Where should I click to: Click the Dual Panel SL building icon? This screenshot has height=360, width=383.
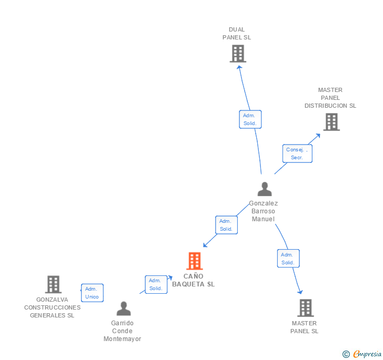click(x=238, y=54)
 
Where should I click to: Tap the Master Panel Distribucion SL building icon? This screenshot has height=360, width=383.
click(x=331, y=122)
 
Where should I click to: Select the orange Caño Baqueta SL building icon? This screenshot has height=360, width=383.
click(x=195, y=261)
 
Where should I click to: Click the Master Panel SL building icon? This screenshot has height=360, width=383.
click(x=305, y=308)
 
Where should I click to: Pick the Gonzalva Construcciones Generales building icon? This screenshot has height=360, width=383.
click(x=53, y=284)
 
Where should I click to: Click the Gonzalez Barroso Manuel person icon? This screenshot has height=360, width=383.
click(x=264, y=189)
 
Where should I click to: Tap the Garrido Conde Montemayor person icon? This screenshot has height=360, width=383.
click(x=124, y=308)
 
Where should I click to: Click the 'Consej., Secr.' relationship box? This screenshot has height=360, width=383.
click(x=297, y=153)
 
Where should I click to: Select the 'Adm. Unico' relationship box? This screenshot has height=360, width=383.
click(x=92, y=293)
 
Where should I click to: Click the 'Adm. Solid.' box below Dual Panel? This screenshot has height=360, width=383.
click(x=250, y=119)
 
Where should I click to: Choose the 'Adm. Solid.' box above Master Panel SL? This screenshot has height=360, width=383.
click(x=288, y=258)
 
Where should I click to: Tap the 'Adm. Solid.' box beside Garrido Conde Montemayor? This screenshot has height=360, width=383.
click(x=156, y=284)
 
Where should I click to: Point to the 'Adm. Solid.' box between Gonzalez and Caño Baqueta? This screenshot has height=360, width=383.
click(x=226, y=225)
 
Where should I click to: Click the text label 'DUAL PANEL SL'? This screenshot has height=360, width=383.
click(x=237, y=34)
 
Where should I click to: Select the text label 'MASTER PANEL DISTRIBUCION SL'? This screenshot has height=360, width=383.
click(x=330, y=98)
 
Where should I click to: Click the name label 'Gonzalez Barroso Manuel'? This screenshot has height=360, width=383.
click(x=264, y=211)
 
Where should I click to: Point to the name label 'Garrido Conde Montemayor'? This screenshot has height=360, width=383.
click(x=123, y=331)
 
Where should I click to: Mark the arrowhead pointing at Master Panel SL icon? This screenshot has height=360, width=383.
click(x=300, y=292)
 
